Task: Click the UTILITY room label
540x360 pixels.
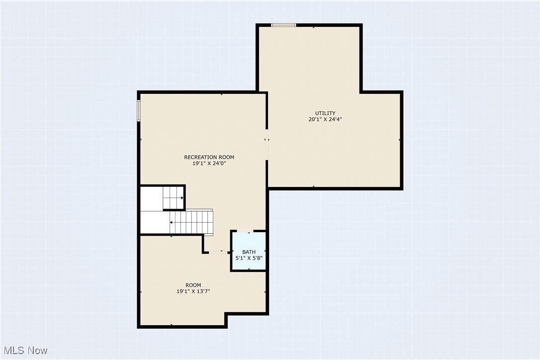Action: pyautogui.click(x=325, y=113)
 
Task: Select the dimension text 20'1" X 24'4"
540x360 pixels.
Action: pyautogui.click(x=325, y=119)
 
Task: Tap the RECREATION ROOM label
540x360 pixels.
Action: pyautogui.click(x=209, y=157)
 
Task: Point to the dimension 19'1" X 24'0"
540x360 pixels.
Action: pyautogui.click(x=209, y=164)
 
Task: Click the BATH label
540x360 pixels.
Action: pyautogui.click(x=249, y=252)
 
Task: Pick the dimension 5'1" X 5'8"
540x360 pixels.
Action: pyautogui.click(x=249, y=258)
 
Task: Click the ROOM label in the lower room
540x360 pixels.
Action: pyautogui.click(x=193, y=285)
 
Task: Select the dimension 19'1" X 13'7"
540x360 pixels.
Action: pyautogui.click(x=193, y=291)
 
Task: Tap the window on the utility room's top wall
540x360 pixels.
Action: pyautogui.click(x=283, y=25)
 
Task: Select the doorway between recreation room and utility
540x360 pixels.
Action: pyautogui.click(x=267, y=145)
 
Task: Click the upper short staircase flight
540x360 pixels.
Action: pyautogui.click(x=173, y=197)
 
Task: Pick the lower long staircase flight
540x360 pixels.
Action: pyautogui.click(x=191, y=222)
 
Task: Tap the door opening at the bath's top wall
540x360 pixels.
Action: pyautogui.click(x=245, y=231)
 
